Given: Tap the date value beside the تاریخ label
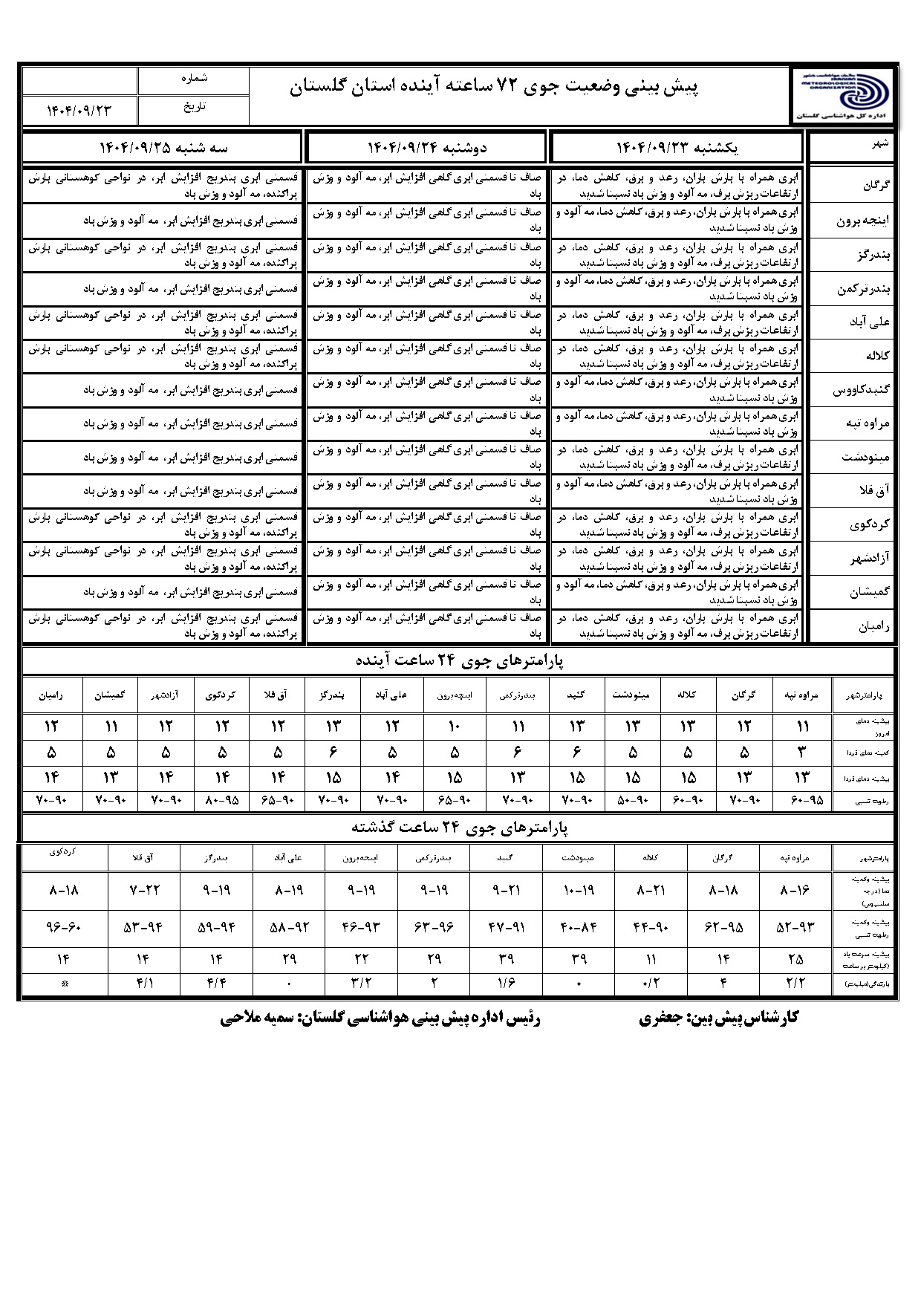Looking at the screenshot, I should pos(79,110).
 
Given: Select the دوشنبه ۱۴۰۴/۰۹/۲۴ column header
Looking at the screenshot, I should pos(427,147).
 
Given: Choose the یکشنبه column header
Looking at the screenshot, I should pos(677,147).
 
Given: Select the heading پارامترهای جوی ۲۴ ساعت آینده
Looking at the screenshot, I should pos(458,660).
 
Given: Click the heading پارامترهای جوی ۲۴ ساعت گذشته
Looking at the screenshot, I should pos(458,827).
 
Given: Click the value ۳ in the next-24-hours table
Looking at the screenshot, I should pos(801,752).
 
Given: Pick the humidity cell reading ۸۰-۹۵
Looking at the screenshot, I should pos(221,801).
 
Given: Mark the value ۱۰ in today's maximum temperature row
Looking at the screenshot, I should pos(455,726).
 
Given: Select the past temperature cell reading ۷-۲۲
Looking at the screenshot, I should pos(144,890).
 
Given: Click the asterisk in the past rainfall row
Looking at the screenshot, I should pos(65,984).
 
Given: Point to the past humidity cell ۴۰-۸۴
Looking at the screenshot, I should pos(579,927).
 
